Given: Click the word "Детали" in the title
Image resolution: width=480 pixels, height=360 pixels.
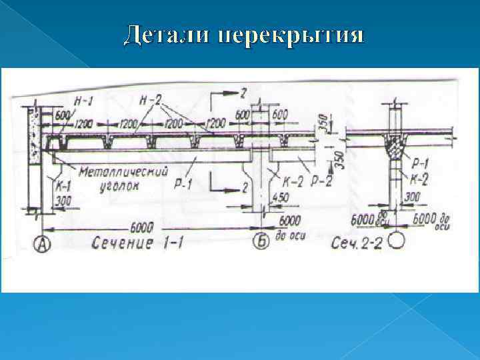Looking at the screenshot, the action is click(x=165, y=35).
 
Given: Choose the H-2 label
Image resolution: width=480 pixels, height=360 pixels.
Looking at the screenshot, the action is click(x=151, y=101).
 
